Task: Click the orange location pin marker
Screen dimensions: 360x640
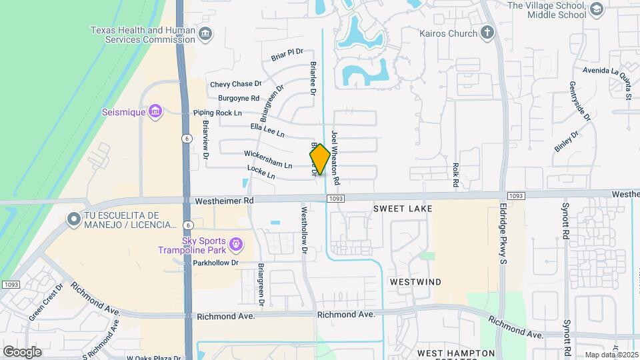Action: pyautogui.click(x=320, y=159)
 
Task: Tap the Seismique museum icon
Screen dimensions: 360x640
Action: pyautogui.click(x=155, y=111)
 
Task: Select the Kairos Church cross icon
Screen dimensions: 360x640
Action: pyautogui.click(x=487, y=33)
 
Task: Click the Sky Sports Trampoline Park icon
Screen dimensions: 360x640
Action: pyautogui.click(x=235, y=245)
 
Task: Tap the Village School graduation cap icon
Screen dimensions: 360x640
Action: pyautogui.click(x=596, y=9)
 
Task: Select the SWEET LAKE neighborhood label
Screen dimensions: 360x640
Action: pyautogui.click(x=403, y=209)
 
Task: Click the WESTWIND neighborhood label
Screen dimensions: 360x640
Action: pyautogui.click(x=415, y=282)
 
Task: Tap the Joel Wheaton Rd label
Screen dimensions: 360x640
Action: pyautogui.click(x=335, y=157)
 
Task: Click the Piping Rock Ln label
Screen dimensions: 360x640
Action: pyautogui.click(x=217, y=113)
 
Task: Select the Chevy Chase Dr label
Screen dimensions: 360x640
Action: pyautogui.click(x=235, y=84)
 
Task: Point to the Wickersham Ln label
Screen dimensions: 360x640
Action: pyautogui.click(x=268, y=160)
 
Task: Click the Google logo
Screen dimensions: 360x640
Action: pyautogui.click(x=22, y=351)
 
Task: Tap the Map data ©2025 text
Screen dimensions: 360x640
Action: pyautogui.click(x=611, y=355)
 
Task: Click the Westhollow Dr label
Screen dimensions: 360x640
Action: pyautogui.click(x=304, y=232)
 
